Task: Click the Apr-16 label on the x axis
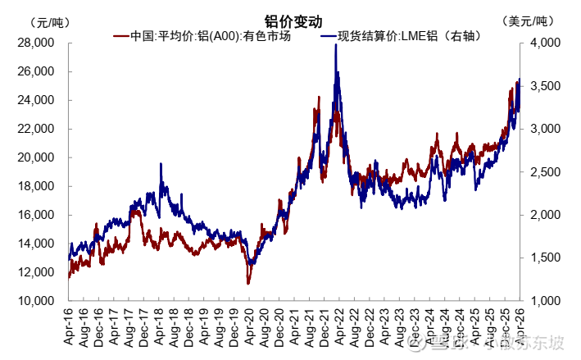coord(69,323)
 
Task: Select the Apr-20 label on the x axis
coord(248,323)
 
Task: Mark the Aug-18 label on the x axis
coord(174,323)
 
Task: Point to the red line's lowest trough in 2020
coord(248,284)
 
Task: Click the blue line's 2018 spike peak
coord(161,164)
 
